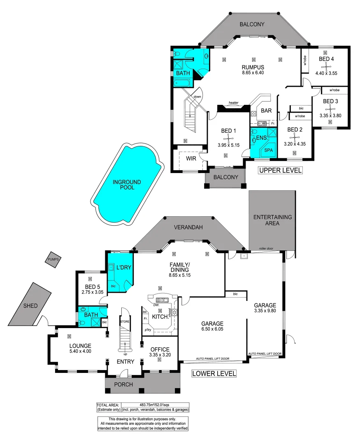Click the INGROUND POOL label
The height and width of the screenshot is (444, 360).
(x=127, y=185)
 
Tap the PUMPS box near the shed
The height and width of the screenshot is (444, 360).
(x=53, y=259)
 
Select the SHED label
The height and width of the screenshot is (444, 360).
(x=30, y=306)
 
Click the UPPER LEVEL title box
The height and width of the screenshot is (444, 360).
(x=280, y=170)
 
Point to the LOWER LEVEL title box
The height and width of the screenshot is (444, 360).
(x=214, y=374)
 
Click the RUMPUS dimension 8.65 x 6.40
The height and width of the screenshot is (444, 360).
(x=253, y=73)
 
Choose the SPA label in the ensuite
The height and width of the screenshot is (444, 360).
(x=269, y=150)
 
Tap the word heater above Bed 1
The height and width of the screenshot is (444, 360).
(x=234, y=103)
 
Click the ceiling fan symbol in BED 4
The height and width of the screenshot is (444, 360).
(x=326, y=66)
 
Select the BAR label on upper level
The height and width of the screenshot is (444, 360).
(x=266, y=111)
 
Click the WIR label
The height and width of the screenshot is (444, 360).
(x=191, y=158)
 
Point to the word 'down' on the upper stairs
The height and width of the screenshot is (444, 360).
(x=197, y=97)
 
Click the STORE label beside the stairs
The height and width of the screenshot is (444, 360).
(x=125, y=321)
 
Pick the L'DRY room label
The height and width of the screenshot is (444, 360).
(x=124, y=268)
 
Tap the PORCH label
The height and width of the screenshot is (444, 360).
(x=123, y=384)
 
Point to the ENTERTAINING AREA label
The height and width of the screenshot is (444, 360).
(x=272, y=220)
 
